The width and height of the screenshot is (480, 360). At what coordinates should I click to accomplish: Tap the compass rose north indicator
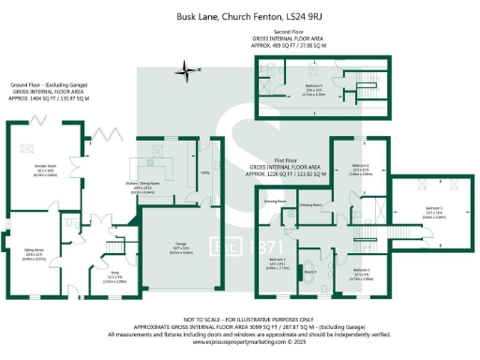click(x=187, y=68)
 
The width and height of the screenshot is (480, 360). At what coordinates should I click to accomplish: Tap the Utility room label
click(x=205, y=173)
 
